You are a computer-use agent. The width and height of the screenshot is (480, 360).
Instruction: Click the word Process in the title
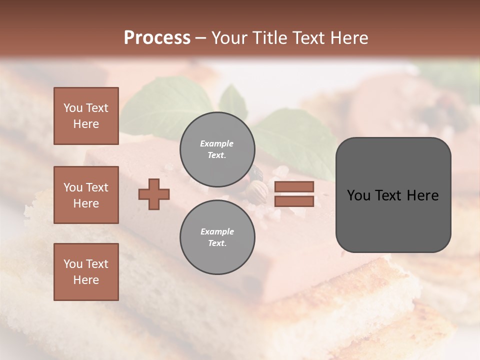[157, 38]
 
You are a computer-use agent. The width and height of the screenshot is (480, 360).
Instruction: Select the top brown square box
[86, 116]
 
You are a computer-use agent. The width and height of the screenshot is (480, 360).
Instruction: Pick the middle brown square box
[86, 195]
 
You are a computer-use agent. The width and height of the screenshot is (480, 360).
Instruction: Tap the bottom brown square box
[86, 272]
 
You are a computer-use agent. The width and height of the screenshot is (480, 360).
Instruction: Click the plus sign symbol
[154, 194]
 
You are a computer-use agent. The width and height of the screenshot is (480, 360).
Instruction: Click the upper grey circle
[217, 149]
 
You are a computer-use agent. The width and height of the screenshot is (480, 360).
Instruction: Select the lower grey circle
[217, 237]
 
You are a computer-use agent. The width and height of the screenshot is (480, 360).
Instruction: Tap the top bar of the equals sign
[294, 186]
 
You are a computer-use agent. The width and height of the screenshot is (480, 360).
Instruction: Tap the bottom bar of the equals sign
[294, 201]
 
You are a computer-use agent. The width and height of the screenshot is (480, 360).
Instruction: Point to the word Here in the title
[348, 38]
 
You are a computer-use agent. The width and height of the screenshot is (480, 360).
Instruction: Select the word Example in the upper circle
[216, 143]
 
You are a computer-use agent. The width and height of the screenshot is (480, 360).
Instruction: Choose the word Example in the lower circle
[217, 231]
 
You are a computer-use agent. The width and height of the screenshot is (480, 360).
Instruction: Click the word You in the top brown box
[72, 108]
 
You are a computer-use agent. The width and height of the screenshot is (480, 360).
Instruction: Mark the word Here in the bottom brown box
[86, 280]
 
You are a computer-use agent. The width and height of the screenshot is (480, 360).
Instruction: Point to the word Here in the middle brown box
[86, 203]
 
